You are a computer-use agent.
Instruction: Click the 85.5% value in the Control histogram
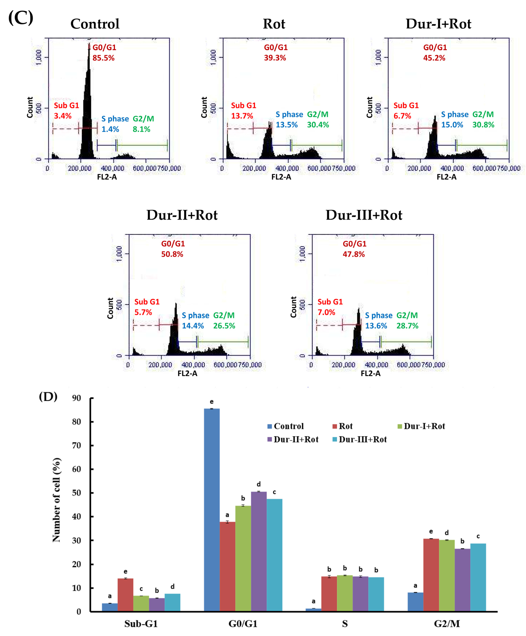coord(103,58)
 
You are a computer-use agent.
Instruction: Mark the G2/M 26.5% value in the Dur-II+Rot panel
coord(224,326)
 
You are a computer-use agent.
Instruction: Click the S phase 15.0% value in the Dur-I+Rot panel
coord(452,125)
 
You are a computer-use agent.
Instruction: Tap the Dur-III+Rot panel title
coord(364,215)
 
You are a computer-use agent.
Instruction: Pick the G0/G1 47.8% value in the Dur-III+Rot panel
coord(354,254)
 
